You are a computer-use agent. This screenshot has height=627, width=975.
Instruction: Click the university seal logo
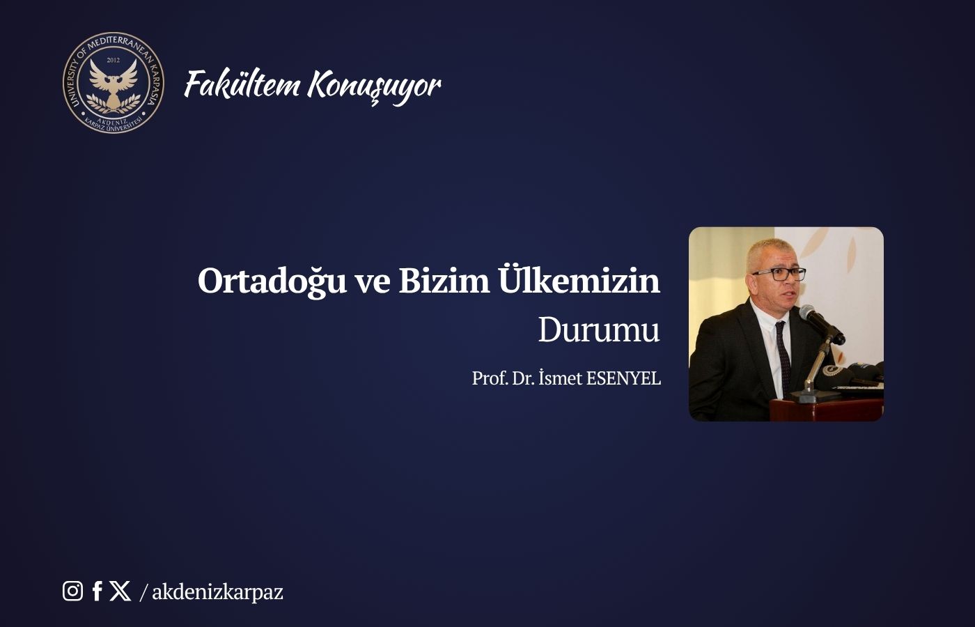click(x=113, y=83)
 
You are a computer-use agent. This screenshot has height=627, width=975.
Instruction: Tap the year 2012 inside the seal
click(x=113, y=61)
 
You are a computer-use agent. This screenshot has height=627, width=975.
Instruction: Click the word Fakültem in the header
click(x=242, y=84)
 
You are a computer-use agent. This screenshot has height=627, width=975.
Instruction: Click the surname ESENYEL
click(x=623, y=378)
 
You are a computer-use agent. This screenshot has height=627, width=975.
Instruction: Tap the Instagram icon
click(x=72, y=591)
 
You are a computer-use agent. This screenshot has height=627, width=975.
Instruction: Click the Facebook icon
click(x=97, y=591)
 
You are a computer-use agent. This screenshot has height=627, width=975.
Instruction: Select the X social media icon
click(x=120, y=591)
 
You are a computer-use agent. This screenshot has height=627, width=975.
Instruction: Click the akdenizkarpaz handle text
click(x=217, y=592)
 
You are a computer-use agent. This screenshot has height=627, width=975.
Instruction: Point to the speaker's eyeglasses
click(x=779, y=274)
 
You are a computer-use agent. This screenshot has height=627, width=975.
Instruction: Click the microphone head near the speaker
click(x=807, y=313)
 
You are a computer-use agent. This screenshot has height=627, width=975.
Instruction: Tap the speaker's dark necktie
click(x=783, y=356)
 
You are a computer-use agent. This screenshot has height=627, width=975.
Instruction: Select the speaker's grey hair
click(x=770, y=251)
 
